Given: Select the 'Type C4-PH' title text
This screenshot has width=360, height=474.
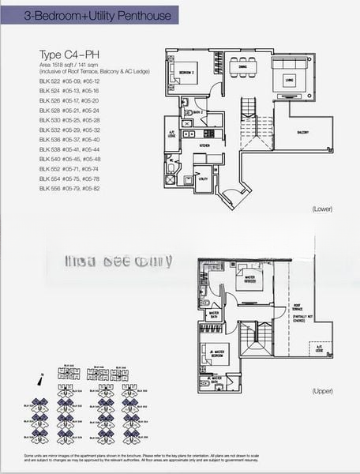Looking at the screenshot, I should click(x=64, y=55).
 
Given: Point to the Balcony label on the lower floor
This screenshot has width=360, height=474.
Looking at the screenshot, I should click(x=303, y=131).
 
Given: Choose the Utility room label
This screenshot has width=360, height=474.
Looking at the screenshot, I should click(x=203, y=179).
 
